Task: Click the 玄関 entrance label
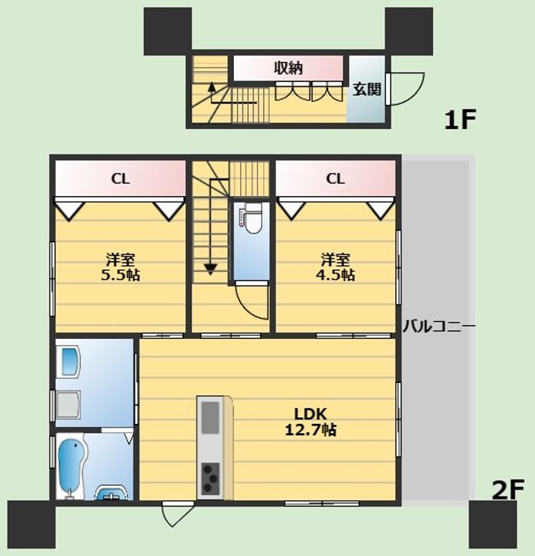click(x=367, y=89)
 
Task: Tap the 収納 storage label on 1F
click(x=288, y=68)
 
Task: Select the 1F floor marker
click(x=460, y=120)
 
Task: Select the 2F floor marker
click(x=508, y=490)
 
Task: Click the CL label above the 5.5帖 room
click(x=120, y=178)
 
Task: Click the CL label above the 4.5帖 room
click(x=335, y=178)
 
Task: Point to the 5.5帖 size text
click(x=120, y=275)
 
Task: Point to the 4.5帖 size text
click(x=335, y=275)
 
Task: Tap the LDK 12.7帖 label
click(x=310, y=422)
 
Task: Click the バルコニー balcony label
click(x=439, y=326)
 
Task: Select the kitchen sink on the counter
click(x=210, y=418)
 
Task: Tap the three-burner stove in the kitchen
click(x=210, y=479)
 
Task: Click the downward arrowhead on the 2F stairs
click(x=211, y=270)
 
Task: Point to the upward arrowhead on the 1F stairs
click(x=212, y=86)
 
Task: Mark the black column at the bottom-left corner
click(x=32, y=524)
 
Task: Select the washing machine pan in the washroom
click(x=69, y=405)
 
